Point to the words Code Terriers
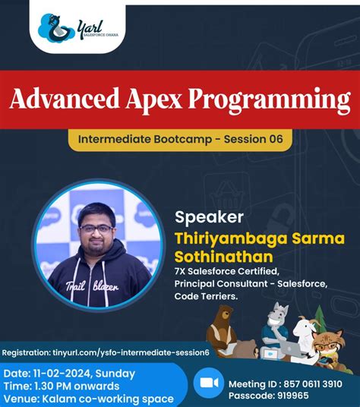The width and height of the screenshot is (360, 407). [x=206, y=297]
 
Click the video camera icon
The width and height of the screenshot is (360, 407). [x=207, y=383]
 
